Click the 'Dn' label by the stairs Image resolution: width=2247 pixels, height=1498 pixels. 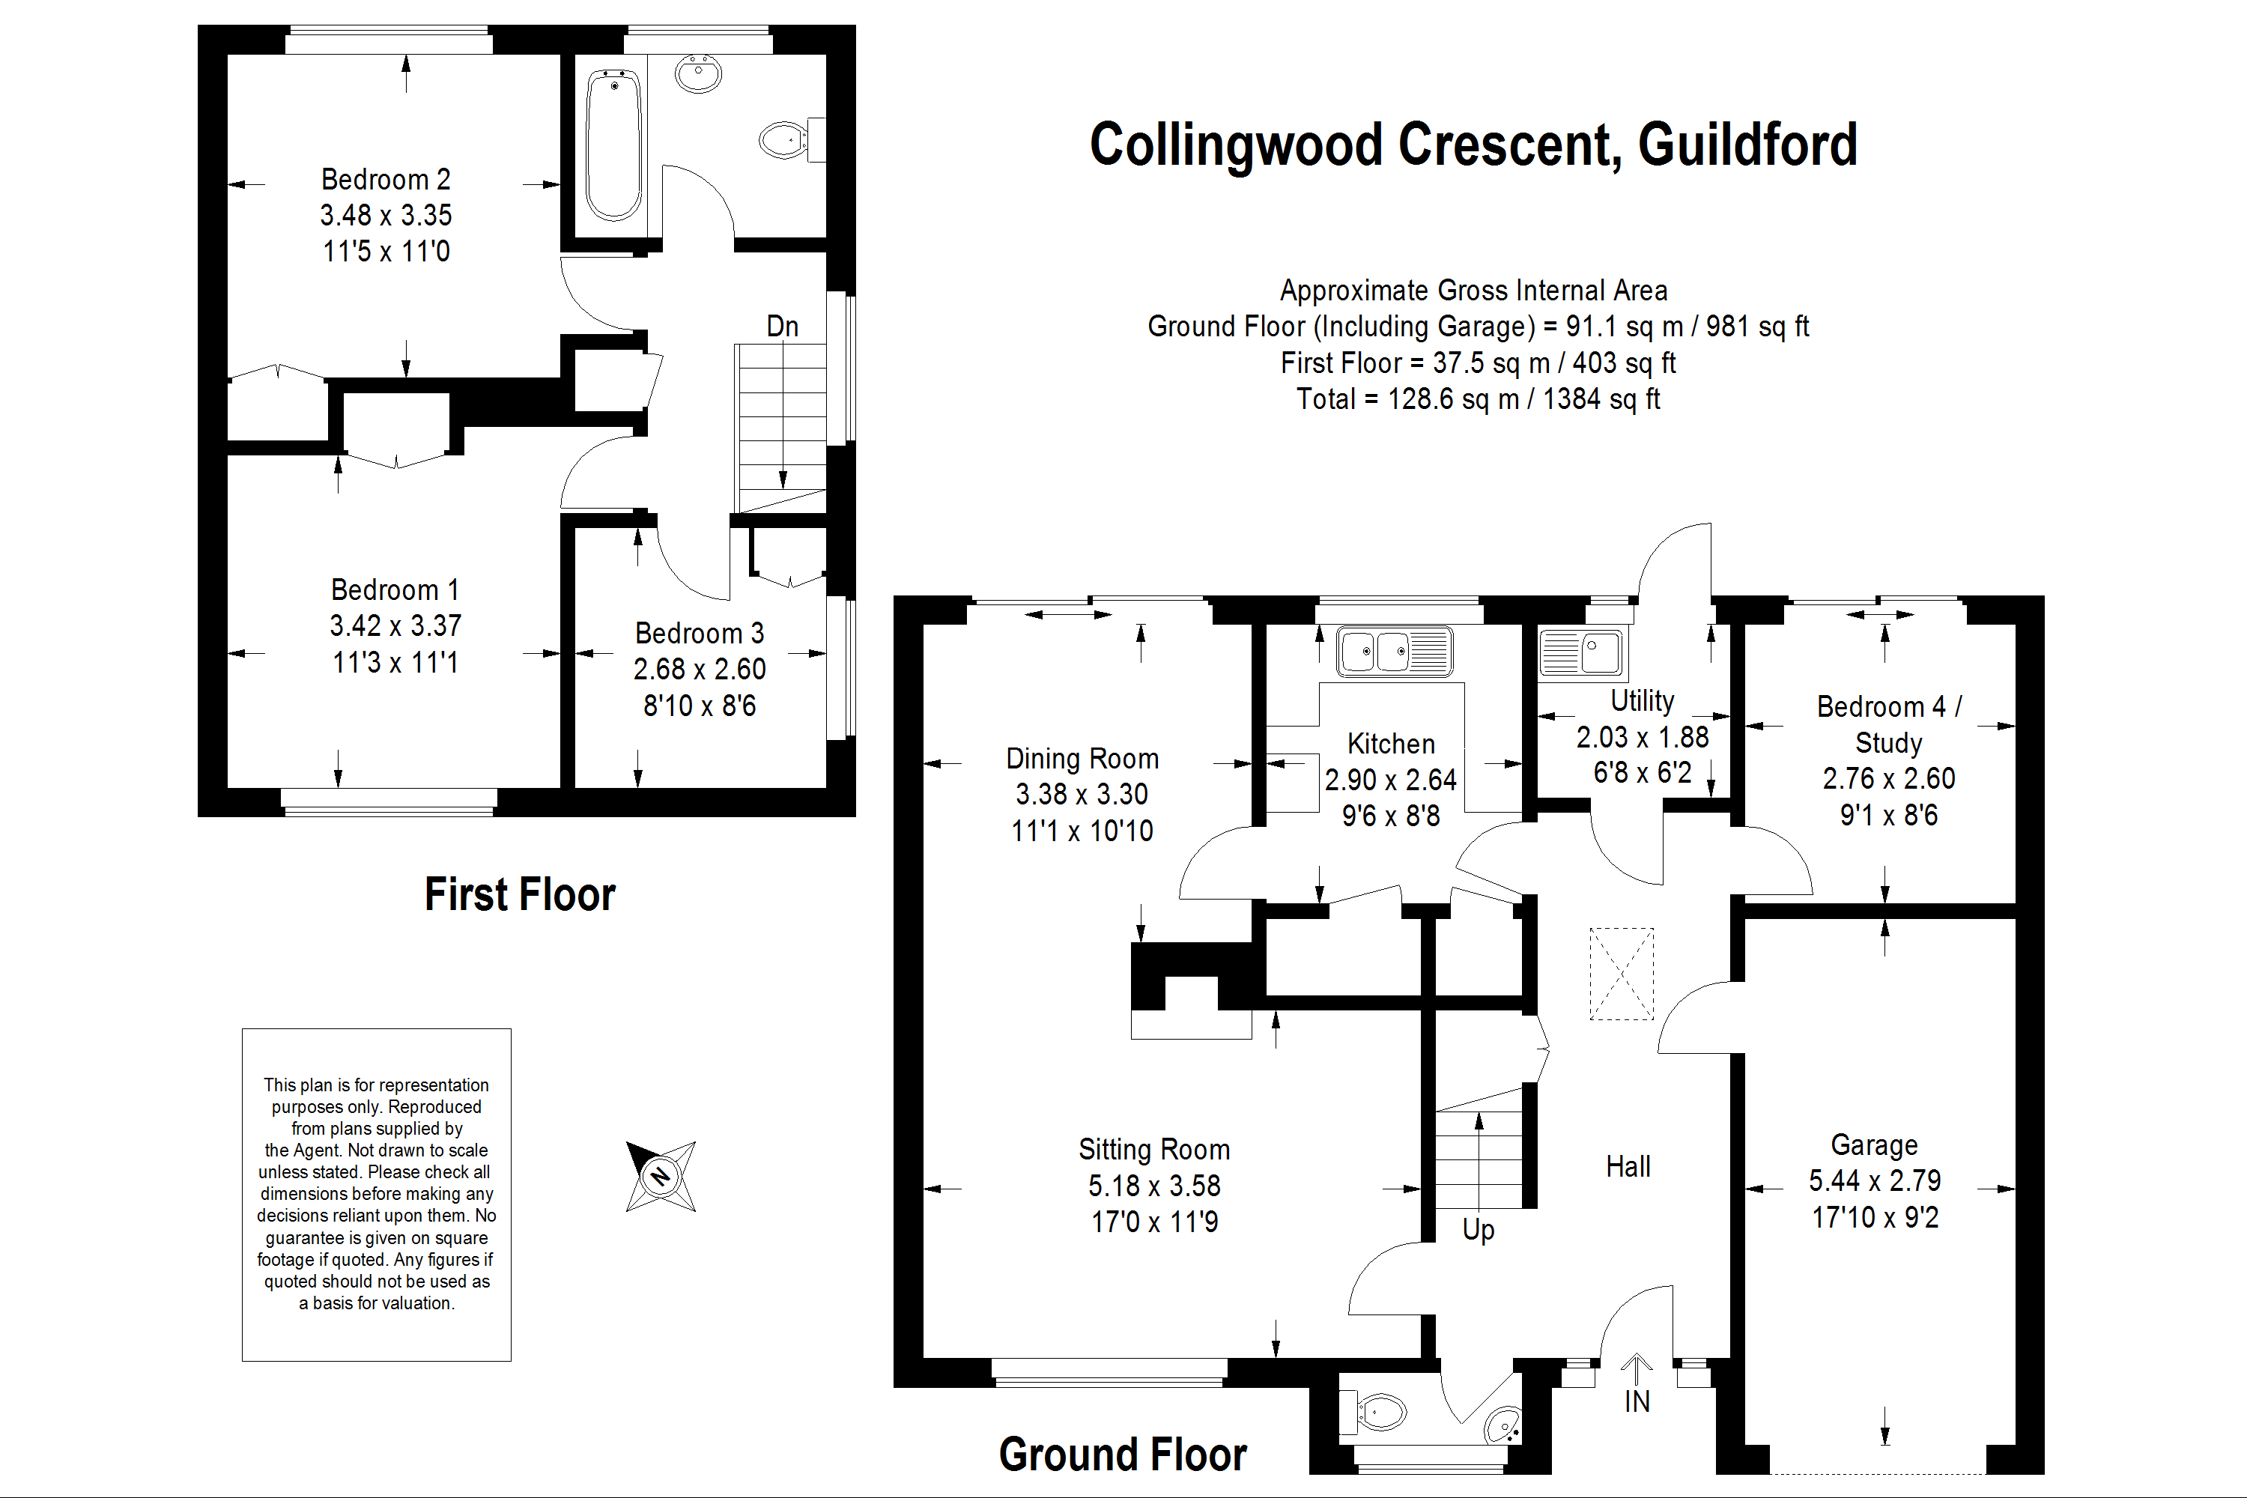point(783,327)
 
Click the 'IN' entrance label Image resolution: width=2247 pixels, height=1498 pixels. point(1637,1401)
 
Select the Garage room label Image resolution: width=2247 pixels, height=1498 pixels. point(1873,1144)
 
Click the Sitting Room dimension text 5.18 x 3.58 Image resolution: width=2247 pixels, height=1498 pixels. point(1154,1186)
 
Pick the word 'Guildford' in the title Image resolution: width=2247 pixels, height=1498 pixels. point(1747,145)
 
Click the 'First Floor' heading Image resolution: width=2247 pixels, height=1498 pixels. point(520,895)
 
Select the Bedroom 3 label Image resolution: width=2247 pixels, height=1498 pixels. point(700,634)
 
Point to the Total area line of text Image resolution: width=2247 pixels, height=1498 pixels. point(1477,399)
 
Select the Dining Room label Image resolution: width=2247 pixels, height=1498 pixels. point(1082,759)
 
